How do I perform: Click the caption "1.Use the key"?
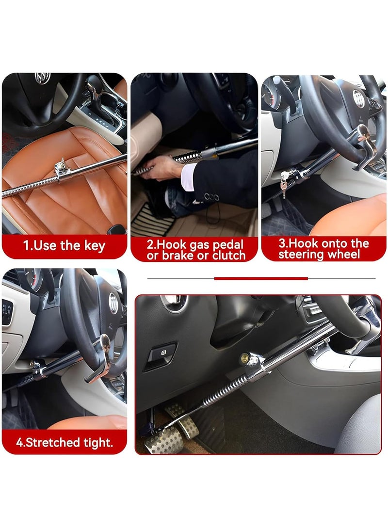pyautogui.click(x=64, y=245)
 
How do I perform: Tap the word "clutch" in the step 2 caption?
pyautogui.click(x=228, y=256)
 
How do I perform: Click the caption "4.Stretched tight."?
pyautogui.click(x=64, y=442)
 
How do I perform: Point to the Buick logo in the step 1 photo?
pyautogui.click(x=42, y=78)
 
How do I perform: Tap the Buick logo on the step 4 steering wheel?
pyautogui.click(x=113, y=303)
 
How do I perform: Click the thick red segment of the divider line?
pyautogui.click(x=261, y=278)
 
